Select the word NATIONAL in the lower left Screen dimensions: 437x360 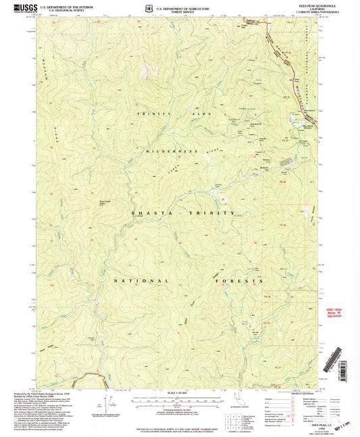coord(140,279)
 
